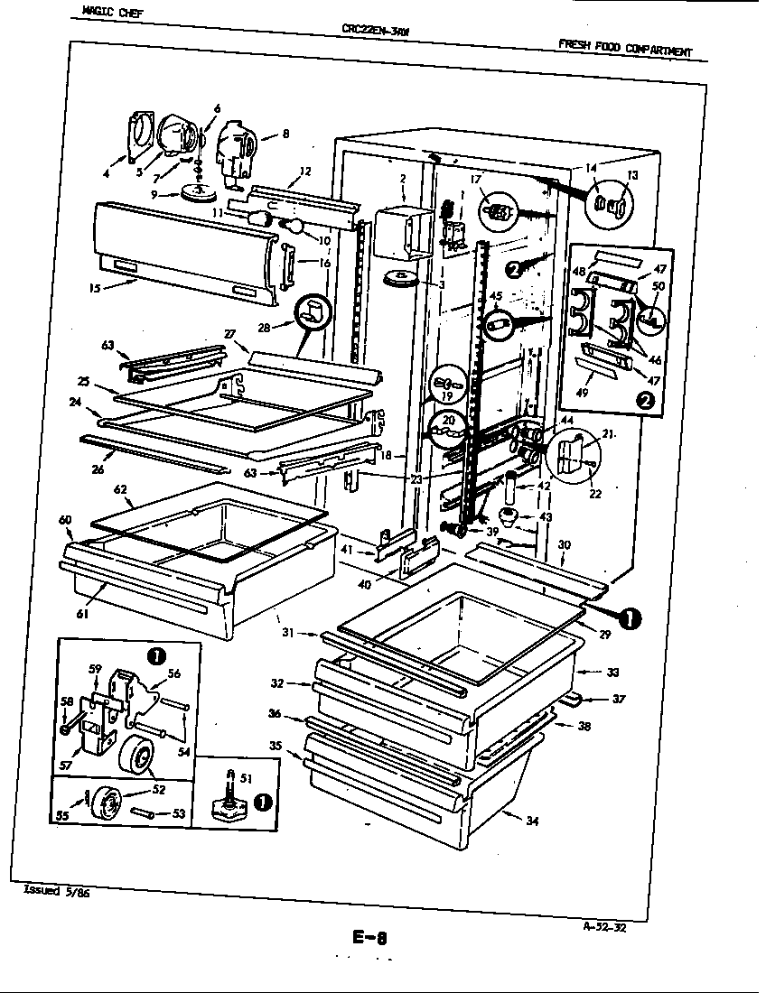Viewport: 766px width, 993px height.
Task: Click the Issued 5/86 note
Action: (x=54, y=891)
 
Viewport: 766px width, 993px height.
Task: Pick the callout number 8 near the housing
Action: (x=285, y=135)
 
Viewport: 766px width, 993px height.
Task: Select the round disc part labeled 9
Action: (x=200, y=193)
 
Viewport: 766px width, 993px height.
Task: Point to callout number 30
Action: (x=565, y=544)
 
